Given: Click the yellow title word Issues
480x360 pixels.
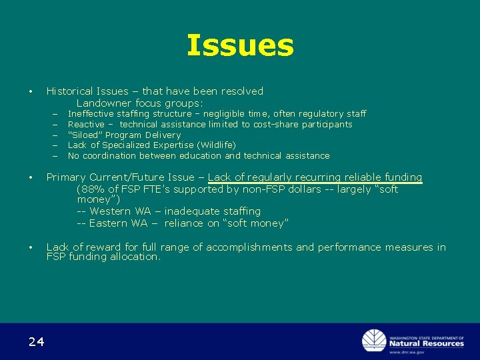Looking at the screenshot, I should (240, 45).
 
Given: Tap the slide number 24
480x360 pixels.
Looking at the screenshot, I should (36, 342).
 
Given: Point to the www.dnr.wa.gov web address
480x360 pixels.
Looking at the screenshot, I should (407, 352).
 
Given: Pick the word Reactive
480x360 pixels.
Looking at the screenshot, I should (86, 125).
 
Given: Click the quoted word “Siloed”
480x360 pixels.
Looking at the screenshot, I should (84, 135).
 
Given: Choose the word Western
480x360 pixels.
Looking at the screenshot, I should (111, 211).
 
